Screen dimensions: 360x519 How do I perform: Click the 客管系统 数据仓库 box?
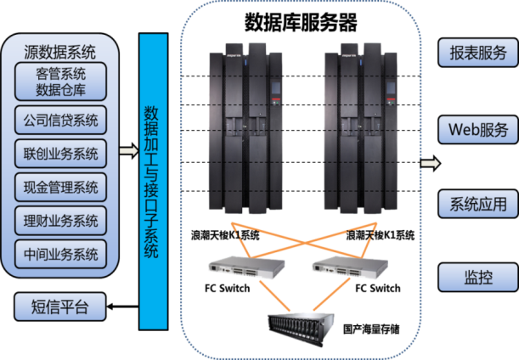coord(61,82)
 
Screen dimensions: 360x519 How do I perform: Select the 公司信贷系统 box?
coord(61,119)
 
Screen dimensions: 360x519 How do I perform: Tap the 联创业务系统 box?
coord(61,154)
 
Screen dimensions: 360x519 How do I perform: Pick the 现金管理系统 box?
coord(61,186)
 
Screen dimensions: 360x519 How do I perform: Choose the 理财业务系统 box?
coord(61,219)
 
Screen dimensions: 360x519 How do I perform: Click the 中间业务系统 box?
coord(61,252)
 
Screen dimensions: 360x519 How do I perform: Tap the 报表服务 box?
coord(478,52)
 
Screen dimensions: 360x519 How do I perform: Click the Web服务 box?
coord(478,129)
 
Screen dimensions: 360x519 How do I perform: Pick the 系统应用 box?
coord(478,204)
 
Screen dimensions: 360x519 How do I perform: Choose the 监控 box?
coord(478,278)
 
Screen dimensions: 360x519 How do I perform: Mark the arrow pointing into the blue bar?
coord(127,152)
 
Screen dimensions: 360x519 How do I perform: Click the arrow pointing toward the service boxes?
coord(430,162)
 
